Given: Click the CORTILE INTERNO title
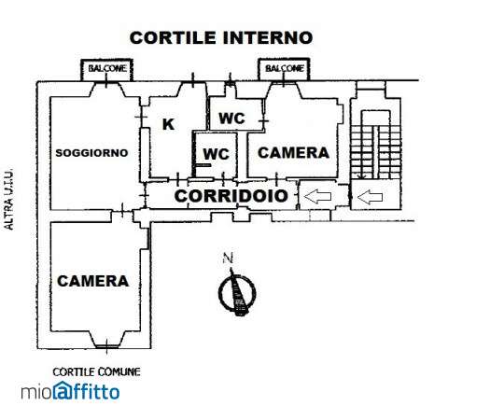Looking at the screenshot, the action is click(x=221, y=37).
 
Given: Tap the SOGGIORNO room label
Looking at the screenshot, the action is click(x=91, y=153).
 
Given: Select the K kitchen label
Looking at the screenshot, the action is click(x=168, y=124).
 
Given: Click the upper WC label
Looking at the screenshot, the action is click(x=231, y=119).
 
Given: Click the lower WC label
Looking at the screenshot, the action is click(x=216, y=154).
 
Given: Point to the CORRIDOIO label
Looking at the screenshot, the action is click(x=231, y=196).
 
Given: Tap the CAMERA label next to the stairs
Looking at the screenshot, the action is click(x=293, y=152).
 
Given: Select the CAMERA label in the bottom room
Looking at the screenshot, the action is click(x=92, y=281).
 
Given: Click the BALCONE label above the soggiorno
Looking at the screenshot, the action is click(x=107, y=68).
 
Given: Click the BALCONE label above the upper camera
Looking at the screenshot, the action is click(x=285, y=68).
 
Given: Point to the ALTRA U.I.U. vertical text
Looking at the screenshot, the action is click(x=9, y=200).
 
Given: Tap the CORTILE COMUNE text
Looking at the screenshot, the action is click(x=96, y=371).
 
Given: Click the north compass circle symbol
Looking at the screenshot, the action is click(x=237, y=293).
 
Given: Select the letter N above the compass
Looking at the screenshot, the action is click(x=228, y=259).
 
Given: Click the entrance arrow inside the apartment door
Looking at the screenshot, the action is click(x=317, y=197).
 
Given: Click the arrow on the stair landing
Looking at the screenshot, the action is click(x=370, y=197).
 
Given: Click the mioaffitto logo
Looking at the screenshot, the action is click(x=70, y=391).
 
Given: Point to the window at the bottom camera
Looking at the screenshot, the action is click(x=107, y=346).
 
